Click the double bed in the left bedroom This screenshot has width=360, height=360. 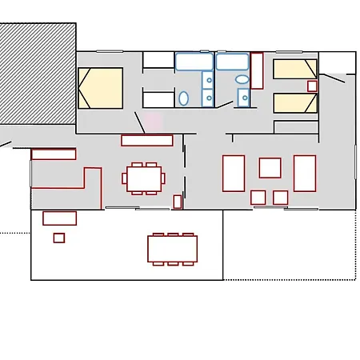pos(100,88)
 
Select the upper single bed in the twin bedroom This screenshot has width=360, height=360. pos(295,69)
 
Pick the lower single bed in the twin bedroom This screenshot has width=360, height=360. pos(295,103)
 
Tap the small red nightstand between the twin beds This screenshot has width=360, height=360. pos(312,86)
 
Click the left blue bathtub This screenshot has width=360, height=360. pos(194,62)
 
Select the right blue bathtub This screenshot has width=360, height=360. pos(232,62)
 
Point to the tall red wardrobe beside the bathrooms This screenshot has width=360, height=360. pos(257,70)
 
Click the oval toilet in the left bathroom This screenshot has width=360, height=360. pos(184,98)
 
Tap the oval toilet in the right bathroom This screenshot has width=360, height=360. pos(242,80)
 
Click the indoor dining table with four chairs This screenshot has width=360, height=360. pos(144,178)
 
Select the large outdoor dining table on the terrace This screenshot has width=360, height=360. pos(171,248)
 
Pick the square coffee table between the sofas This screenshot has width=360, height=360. pos(270,167)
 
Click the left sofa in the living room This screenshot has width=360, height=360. pos(233,173)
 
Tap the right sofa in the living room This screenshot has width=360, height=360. pos(305,173)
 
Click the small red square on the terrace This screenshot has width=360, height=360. pos(59,238)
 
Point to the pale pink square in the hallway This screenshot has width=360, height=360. pos(153,121)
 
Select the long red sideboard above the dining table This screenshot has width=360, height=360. pos(146,140)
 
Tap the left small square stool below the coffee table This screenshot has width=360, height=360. pos(258,197)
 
